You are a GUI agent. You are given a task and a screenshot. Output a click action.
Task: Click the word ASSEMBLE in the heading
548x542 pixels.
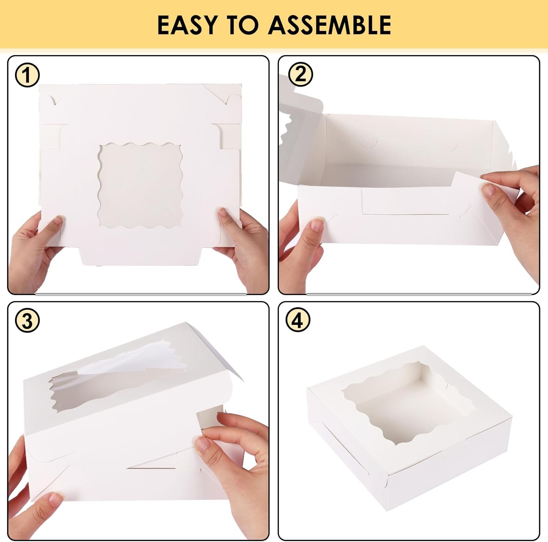click(x=330, y=25)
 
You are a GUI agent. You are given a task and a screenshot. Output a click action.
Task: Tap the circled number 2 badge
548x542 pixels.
click(x=300, y=74)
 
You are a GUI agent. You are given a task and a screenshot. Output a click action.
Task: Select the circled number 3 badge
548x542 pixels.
click(x=27, y=321)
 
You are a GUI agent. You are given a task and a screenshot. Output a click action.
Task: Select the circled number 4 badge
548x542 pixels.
click(x=298, y=321)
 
